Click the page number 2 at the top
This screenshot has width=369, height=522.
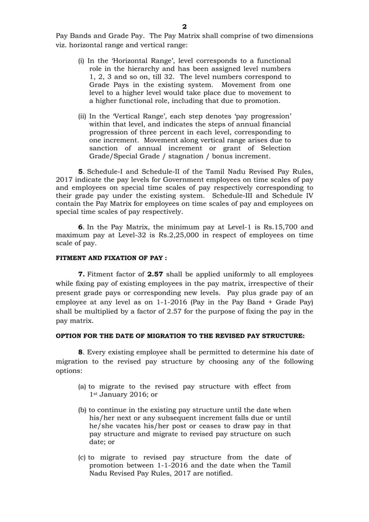coord(184,27)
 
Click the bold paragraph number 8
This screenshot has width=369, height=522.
coord(80,353)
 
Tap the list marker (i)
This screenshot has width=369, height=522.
coord(81,61)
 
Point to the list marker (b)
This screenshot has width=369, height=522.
coord(82,409)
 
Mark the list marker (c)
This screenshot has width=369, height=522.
coord(82,457)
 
